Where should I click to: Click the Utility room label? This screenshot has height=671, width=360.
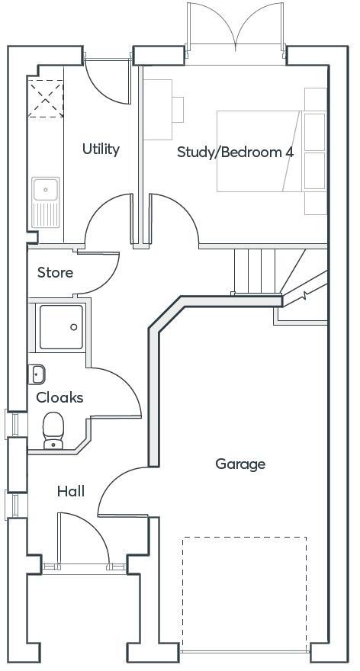(x=101, y=149)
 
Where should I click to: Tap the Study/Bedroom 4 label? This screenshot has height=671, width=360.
(x=235, y=152)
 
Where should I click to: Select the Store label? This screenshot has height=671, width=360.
(x=55, y=272)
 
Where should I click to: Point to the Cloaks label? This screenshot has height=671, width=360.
(x=59, y=397)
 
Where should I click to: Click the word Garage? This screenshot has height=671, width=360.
(x=240, y=464)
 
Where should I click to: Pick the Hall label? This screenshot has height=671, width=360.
(x=71, y=491)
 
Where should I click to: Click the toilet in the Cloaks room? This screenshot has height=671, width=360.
(x=53, y=429)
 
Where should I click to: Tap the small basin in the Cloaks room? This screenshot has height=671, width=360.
(x=38, y=374)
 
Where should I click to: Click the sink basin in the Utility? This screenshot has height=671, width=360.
(x=46, y=187)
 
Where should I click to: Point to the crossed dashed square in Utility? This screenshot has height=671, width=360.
(x=45, y=99)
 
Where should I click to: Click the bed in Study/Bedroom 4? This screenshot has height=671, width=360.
(x=259, y=150)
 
